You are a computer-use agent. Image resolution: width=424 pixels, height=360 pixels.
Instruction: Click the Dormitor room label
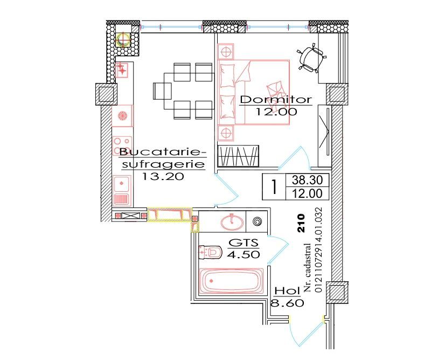click(x=276, y=100)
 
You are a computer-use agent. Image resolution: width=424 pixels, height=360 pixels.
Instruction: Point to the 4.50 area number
click(x=244, y=254)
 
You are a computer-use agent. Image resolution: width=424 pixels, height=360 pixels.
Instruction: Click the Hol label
click(x=287, y=291)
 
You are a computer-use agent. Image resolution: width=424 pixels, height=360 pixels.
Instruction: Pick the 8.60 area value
click(x=287, y=303)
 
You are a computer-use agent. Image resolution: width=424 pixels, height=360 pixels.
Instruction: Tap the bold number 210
click(x=301, y=223)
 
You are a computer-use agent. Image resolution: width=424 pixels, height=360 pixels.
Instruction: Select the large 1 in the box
click(x=274, y=187)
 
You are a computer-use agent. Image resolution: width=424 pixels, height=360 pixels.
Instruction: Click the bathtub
click(x=232, y=281)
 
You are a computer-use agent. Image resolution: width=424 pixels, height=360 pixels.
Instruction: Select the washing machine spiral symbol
click(x=257, y=221)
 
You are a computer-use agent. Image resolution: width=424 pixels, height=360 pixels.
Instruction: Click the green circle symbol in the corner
click(x=124, y=39)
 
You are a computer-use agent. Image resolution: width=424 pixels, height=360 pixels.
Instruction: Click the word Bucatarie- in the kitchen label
click(x=160, y=152)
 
